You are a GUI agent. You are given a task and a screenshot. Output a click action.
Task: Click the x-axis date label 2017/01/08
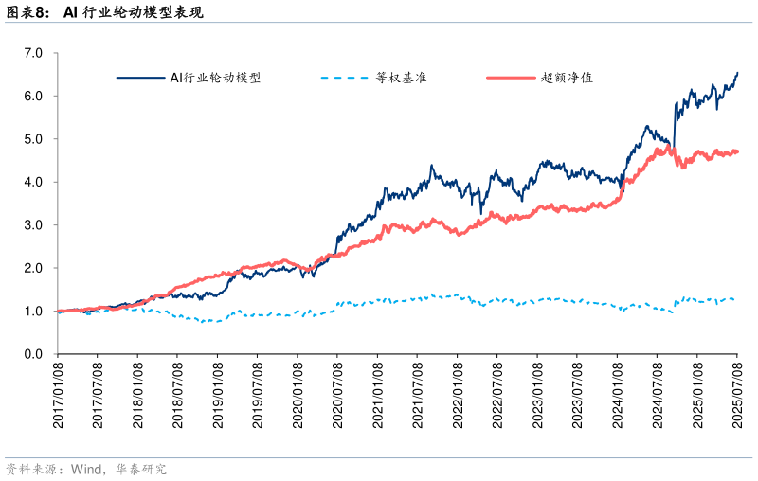click(58, 393)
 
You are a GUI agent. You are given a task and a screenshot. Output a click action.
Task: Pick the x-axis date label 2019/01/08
click(218, 393)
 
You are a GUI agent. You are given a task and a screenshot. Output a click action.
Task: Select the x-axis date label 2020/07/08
click(338, 393)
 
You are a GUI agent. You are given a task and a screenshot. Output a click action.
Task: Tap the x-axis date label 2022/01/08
click(459, 393)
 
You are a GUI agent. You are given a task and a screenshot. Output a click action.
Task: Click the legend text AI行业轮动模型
click(215, 78)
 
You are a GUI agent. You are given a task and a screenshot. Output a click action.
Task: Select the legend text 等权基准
click(401, 78)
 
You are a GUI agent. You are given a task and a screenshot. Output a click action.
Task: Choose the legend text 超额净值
click(567, 78)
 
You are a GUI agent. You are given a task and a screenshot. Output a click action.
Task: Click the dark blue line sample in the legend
click(139, 78)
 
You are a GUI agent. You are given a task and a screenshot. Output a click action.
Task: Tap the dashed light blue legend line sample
click(342, 78)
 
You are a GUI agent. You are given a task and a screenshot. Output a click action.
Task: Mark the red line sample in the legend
click(509, 78)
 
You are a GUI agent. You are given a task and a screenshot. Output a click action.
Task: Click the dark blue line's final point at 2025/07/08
click(737, 73)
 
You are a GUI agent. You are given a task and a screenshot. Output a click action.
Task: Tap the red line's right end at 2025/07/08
click(737, 151)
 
